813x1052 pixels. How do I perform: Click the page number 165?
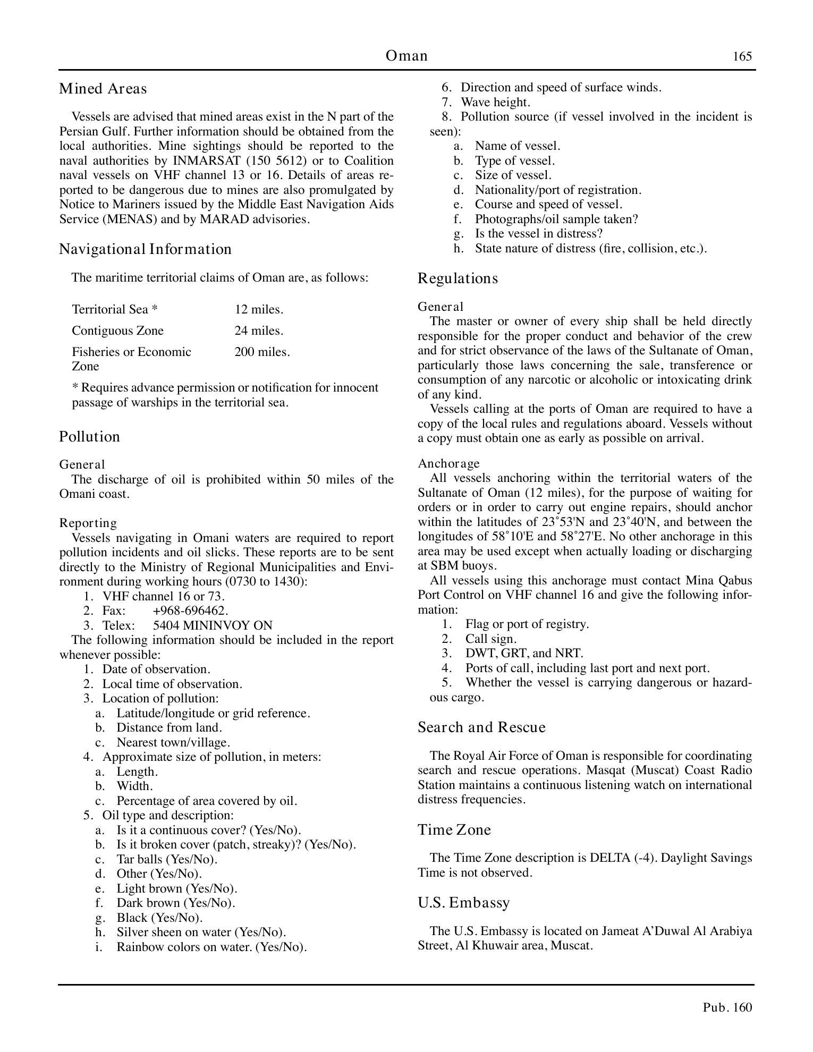[x=742, y=56]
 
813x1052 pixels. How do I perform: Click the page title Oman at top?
[x=406, y=56]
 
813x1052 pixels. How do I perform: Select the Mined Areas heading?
[x=103, y=88]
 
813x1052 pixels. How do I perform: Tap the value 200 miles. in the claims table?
[x=262, y=352]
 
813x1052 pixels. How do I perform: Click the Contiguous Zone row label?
[x=117, y=330]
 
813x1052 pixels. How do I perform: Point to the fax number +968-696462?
[x=190, y=610]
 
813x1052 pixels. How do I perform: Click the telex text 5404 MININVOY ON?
[x=213, y=625]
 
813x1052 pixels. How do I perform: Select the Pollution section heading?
[x=89, y=436]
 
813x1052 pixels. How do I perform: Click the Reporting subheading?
[x=88, y=523]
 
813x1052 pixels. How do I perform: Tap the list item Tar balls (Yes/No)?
[x=167, y=859]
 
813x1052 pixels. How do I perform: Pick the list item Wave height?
[x=495, y=102]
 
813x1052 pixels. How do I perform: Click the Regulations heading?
[x=458, y=278]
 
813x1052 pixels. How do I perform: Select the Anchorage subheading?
[x=448, y=463]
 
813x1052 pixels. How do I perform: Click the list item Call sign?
[x=490, y=639]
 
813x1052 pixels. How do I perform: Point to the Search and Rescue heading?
[x=481, y=727]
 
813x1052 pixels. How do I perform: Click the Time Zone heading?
[x=454, y=829]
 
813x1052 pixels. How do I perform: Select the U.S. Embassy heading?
[x=464, y=902]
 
